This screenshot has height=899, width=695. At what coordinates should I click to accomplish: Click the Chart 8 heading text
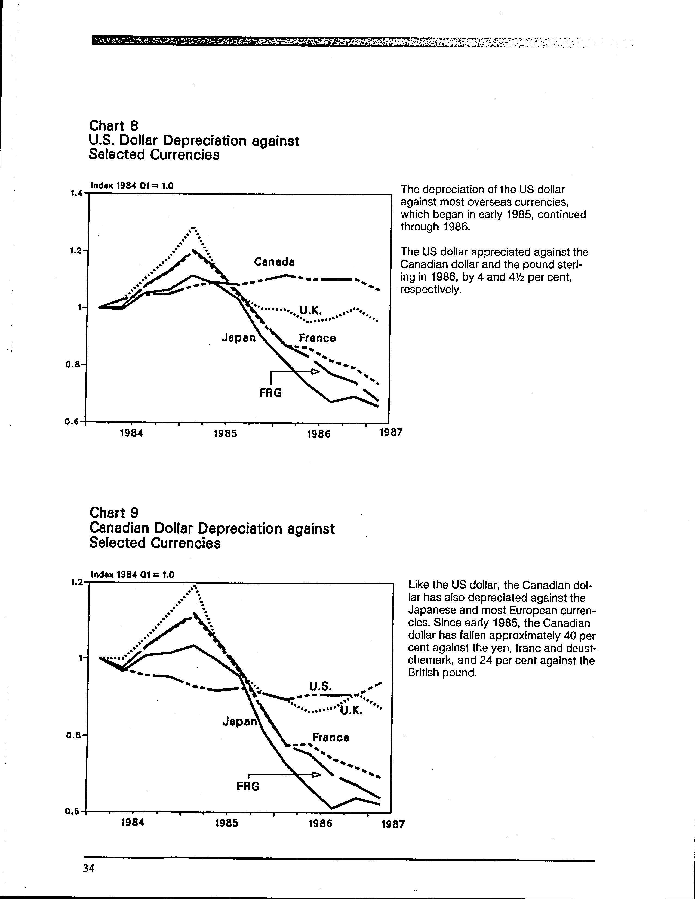click(x=114, y=125)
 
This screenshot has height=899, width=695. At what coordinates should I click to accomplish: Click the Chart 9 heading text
click(x=114, y=513)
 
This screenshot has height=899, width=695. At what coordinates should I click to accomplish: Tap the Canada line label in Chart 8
click(x=274, y=262)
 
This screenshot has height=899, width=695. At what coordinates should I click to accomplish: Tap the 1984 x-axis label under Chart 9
click(x=133, y=823)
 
